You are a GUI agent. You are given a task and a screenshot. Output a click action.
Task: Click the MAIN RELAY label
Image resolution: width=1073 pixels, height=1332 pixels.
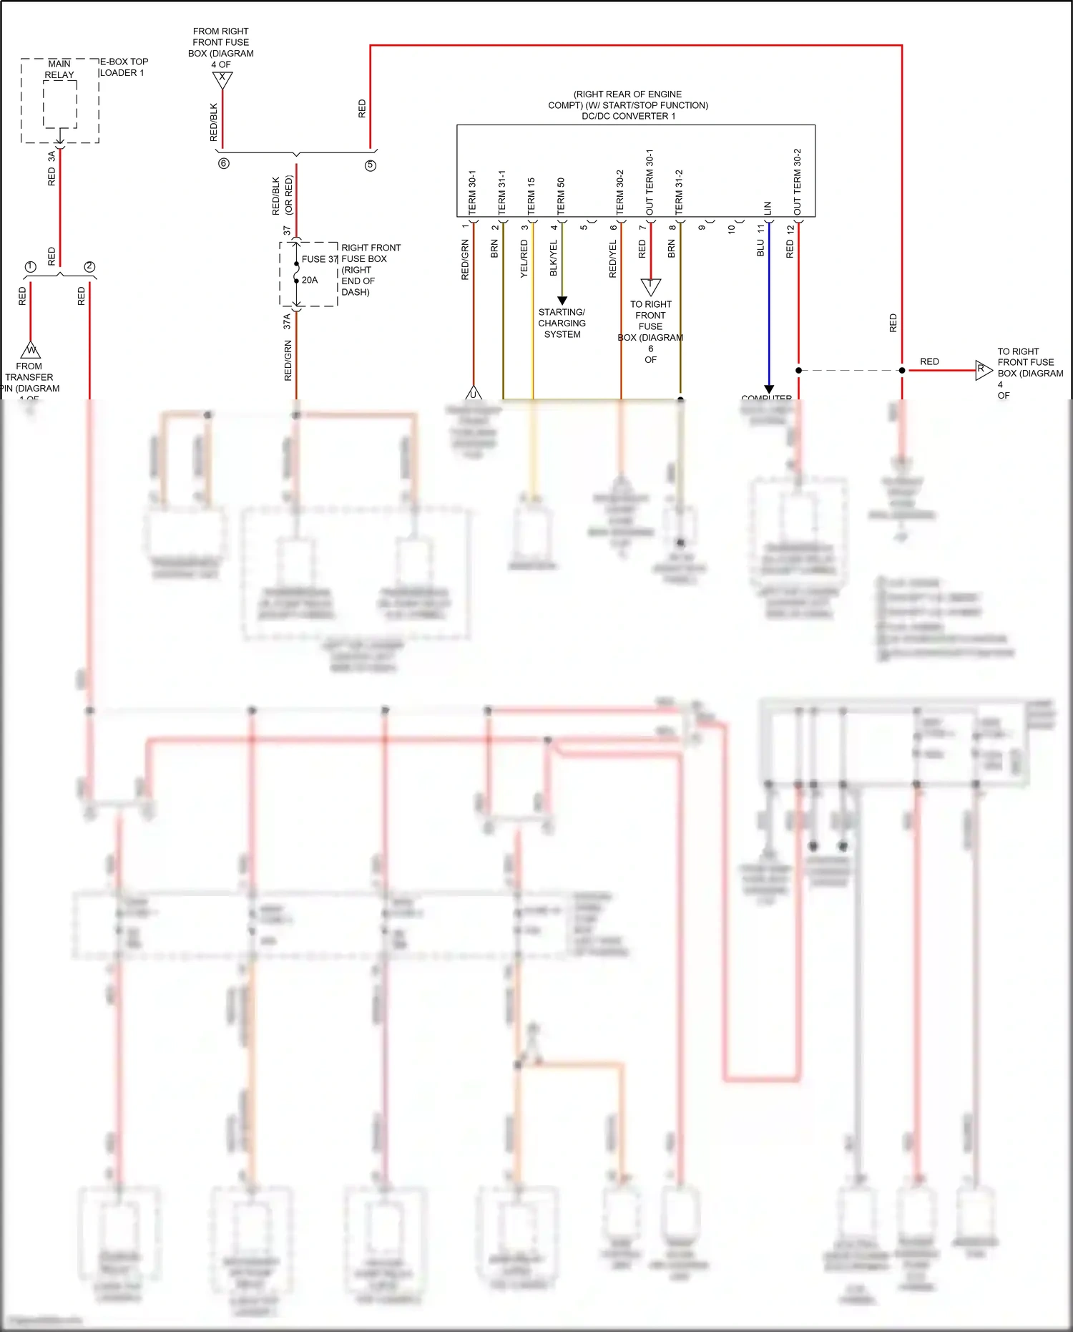pyautogui.click(x=59, y=69)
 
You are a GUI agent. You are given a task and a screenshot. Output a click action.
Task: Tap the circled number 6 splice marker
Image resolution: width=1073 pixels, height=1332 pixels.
pyautogui.click(x=224, y=164)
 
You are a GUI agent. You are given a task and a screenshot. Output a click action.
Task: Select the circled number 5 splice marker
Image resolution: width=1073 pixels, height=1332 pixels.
pyautogui.click(x=371, y=165)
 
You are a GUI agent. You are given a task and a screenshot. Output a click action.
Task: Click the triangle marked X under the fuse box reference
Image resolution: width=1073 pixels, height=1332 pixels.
pyautogui.click(x=222, y=79)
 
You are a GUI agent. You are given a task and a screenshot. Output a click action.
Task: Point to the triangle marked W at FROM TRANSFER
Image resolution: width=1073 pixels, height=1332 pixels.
pyautogui.click(x=31, y=351)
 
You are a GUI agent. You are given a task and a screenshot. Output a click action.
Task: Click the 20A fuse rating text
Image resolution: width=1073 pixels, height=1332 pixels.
pyautogui.click(x=310, y=280)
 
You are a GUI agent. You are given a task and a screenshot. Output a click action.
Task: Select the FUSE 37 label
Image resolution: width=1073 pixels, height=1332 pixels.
pyautogui.click(x=319, y=259)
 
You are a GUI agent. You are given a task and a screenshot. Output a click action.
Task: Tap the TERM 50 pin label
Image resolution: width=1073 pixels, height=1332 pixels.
pyautogui.click(x=561, y=195)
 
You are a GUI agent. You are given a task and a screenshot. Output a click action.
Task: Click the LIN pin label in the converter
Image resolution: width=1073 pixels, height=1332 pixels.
pyautogui.click(x=768, y=208)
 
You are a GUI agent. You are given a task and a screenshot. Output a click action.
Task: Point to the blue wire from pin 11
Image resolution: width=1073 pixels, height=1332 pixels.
pyautogui.click(x=769, y=315)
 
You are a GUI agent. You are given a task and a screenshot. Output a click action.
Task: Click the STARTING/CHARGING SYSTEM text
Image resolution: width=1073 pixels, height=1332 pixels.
pyautogui.click(x=562, y=323)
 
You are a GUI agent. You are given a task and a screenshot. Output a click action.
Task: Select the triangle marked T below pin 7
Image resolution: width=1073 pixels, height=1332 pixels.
pyautogui.click(x=650, y=286)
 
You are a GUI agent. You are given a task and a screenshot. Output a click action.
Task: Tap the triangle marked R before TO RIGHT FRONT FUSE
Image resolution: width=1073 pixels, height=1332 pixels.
pyautogui.click(x=983, y=370)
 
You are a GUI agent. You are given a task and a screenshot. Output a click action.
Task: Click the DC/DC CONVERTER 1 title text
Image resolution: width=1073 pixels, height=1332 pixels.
pyautogui.click(x=628, y=116)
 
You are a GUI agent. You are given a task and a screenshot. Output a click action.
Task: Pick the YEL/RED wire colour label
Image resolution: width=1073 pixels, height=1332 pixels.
pyautogui.click(x=524, y=258)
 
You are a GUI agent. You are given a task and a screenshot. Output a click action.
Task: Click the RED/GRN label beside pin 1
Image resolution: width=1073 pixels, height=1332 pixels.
pyautogui.click(x=465, y=260)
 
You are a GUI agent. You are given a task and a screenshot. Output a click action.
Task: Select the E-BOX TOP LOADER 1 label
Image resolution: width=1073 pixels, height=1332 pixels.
pyautogui.click(x=123, y=67)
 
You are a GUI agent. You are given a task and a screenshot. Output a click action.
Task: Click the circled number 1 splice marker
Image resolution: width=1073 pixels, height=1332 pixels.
pyautogui.click(x=30, y=267)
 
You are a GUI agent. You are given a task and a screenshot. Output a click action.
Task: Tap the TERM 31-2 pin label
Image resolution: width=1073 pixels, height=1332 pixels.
pyautogui.click(x=679, y=191)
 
